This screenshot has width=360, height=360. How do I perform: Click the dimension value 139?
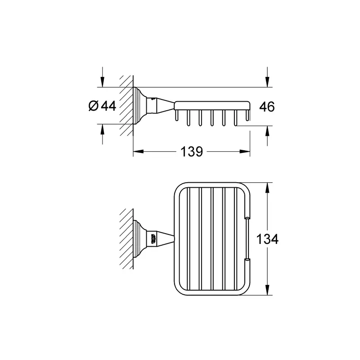point(192,152)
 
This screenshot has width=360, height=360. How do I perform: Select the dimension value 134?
point(267,239)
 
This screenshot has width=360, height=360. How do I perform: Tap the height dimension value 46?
point(267,107)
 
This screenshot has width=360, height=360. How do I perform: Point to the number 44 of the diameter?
point(109,106)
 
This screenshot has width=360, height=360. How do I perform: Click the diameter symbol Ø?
point(93,106)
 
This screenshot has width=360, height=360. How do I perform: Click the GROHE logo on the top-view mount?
point(153,239)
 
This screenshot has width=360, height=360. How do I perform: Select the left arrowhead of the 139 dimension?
point(139,152)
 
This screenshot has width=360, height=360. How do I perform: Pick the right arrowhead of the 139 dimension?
point(245,152)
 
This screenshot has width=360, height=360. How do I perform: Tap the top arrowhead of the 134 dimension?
point(267,188)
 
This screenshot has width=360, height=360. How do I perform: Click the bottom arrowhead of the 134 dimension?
point(267,290)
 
